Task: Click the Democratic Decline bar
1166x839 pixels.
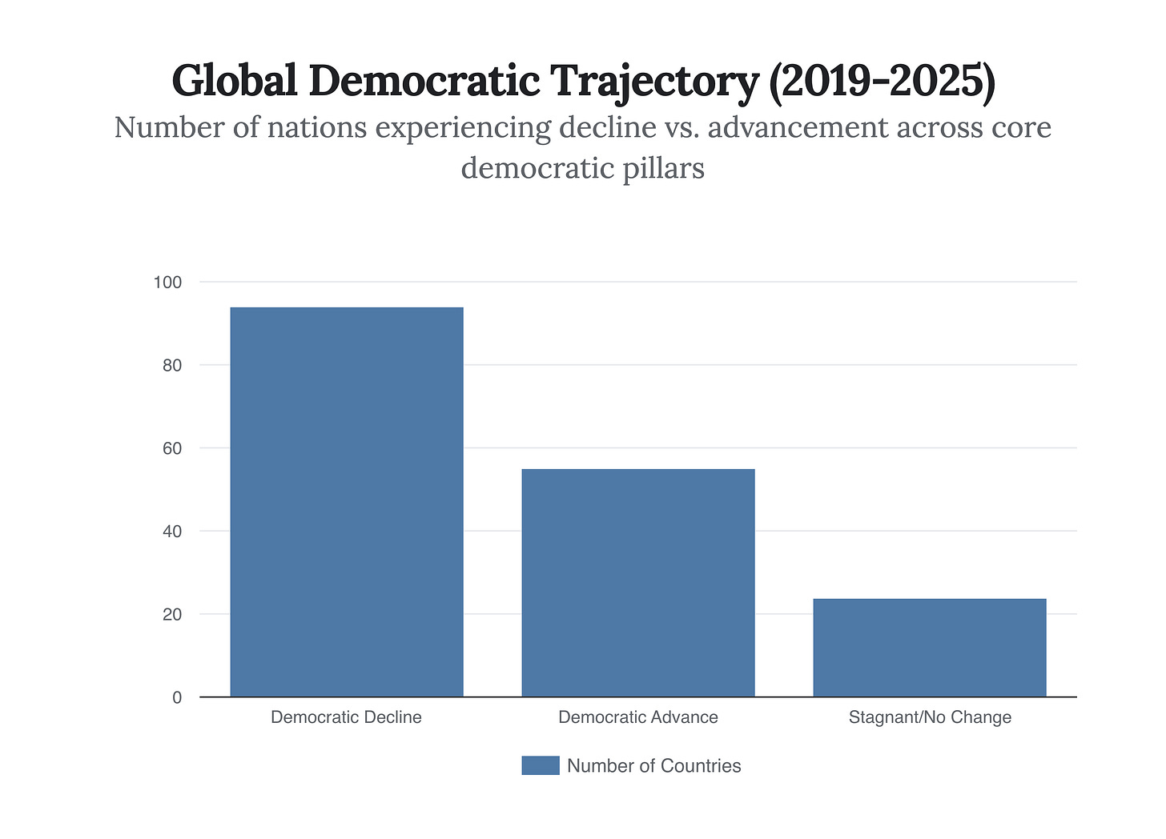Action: pyautogui.click(x=346, y=502)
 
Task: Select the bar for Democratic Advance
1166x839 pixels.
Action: pyautogui.click(x=637, y=583)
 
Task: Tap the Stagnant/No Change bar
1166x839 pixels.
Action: pyautogui.click(x=929, y=648)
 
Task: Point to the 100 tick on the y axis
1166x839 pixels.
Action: pyautogui.click(x=168, y=283)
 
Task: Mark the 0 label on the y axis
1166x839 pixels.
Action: pyautogui.click(x=177, y=698)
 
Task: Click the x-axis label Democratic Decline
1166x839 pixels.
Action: pyautogui.click(x=346, y=717)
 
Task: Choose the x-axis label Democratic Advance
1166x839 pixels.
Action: pyautogui.click(x=637, y=717)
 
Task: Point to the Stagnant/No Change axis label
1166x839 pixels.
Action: pyautogui.click(x=929, y=717)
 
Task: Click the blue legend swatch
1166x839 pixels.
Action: pyautogui.click(x=540, y=765)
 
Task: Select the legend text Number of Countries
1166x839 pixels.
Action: pyautogui.click(x=653, y=766)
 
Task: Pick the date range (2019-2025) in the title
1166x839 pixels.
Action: pyautogui.click(x=881, y=81)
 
